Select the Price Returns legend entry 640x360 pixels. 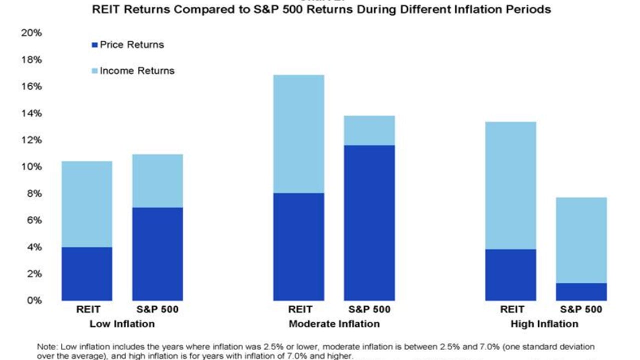131,44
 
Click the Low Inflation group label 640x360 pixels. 122,323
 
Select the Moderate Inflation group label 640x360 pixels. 334,323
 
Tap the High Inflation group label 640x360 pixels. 544,323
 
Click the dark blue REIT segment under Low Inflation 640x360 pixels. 86,273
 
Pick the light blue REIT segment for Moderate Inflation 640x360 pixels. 298,133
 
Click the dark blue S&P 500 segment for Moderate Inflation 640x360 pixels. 369,223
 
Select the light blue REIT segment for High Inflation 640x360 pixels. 511,185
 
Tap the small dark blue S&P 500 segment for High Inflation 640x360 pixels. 581,291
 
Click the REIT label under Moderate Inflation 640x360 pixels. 299,309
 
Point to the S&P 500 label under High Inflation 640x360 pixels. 581,309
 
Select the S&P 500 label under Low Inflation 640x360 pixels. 157,309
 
